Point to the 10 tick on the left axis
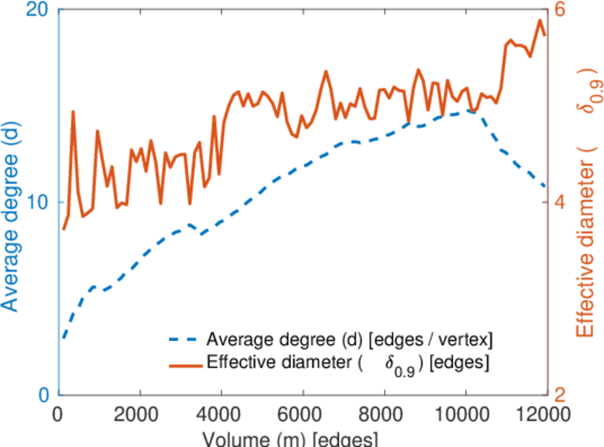pos(37,203)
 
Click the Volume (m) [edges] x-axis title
pos(294,439)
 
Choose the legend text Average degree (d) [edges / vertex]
pos(350,340)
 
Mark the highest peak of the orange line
pos(539,20)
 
